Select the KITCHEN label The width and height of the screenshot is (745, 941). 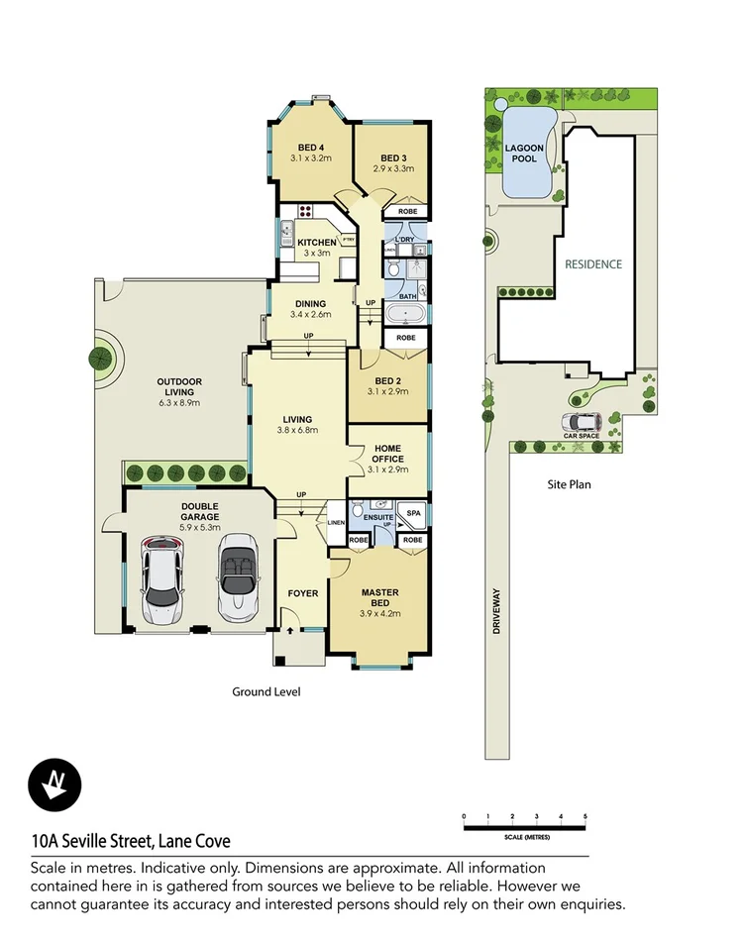tap(316, 244)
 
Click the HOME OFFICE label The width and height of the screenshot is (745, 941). tap(386, 452)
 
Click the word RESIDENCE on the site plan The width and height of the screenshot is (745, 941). tap(593, 264)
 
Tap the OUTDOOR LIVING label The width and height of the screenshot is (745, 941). tap(178, 387)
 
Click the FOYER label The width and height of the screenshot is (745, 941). tap(302, 593)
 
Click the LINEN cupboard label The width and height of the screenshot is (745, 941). tap(336, 522)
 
